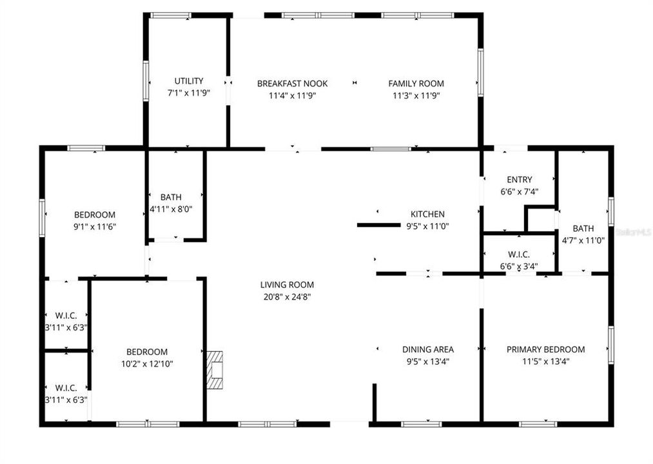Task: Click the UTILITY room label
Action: point(189,81)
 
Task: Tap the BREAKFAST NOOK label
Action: point(292,84)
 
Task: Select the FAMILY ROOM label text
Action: point(416,84)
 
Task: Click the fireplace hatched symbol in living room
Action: point(215,369)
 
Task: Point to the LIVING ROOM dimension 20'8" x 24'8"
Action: point(287,297)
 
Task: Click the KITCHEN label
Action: point(427,215)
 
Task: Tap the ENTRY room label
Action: point(519,180)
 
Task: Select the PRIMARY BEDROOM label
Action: point(545,349)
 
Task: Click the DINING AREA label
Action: point(427,349)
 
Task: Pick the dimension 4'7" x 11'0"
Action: point(583,240)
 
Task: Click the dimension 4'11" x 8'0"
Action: point(171,209)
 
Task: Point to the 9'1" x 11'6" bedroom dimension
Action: point(95,227)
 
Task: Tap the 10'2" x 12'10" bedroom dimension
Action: point(146,363)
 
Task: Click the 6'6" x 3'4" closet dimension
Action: point(519,266)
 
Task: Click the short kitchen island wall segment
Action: point(379,225)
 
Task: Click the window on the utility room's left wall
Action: point(146,81)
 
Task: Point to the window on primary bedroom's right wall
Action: point(610,345)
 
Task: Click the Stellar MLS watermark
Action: point(634,230)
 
